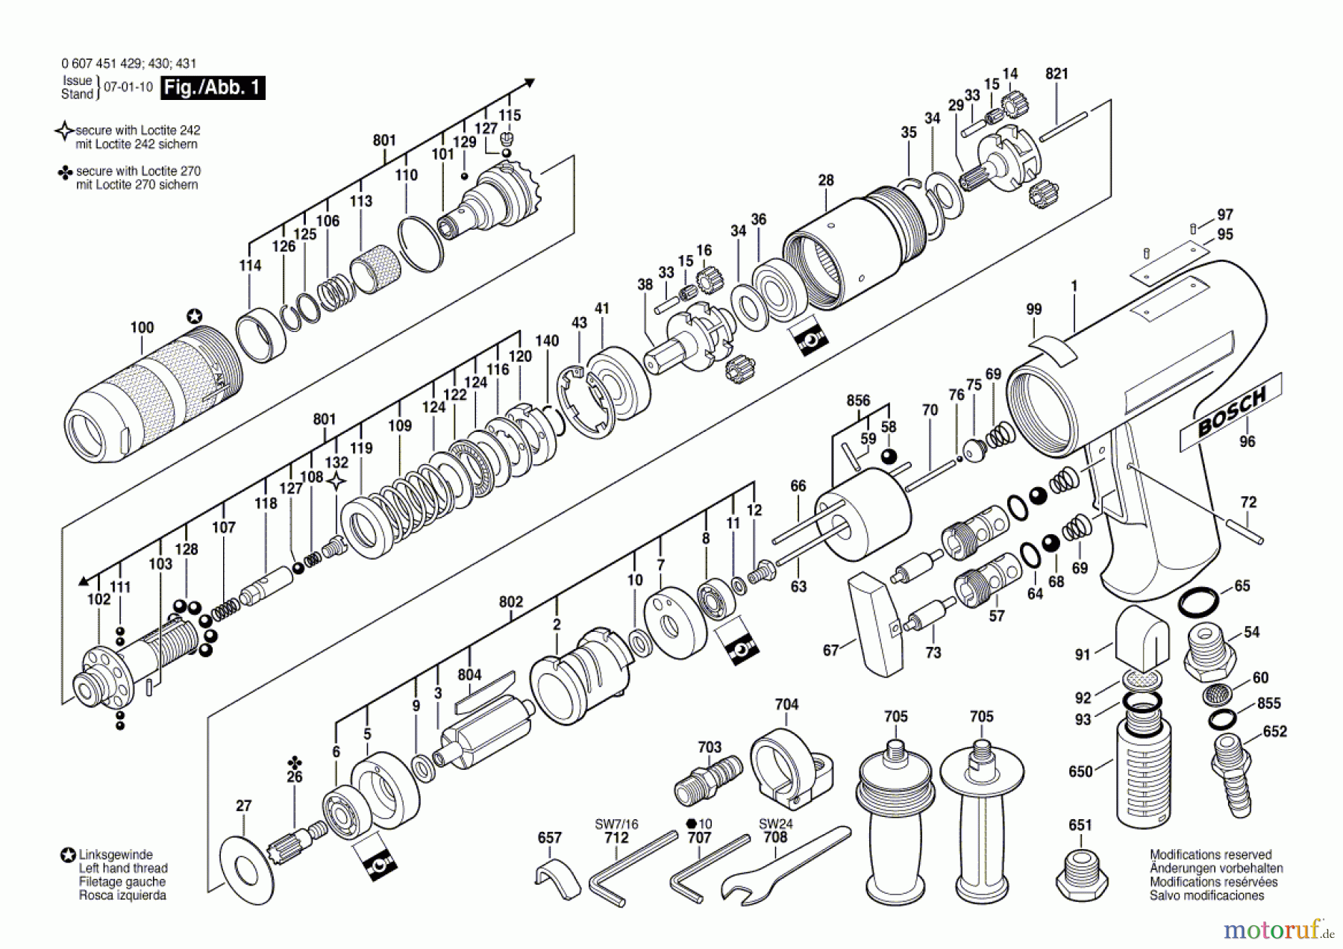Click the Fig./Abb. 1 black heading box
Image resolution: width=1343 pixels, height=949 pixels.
click(x=213, y=87)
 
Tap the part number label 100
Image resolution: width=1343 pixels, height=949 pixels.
click(x=142, y=328)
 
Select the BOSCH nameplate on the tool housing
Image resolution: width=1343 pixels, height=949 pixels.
click(x=1230, y=413)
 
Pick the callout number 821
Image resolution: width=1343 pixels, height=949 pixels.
click(x=1056, y=74)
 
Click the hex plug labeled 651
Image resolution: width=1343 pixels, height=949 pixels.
click(x=1082, y=874)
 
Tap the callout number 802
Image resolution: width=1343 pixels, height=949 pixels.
click(x=510, y=601)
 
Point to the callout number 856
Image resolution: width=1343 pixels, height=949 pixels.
click(x=858, y=401)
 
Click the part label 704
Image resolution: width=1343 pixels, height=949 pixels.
click(x=786, y=704)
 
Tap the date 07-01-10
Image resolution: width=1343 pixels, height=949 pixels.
click(x=128, y=87)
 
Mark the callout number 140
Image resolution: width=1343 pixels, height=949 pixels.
click(x=547, y=340)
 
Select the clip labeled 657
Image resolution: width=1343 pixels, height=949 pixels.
click(x=557, y=880)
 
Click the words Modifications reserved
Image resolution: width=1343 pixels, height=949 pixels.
click(x=1210, y=855)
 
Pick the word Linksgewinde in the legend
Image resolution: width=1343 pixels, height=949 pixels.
click(x=116, y=855)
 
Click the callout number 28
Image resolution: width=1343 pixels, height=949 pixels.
click(x=825, y=181)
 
